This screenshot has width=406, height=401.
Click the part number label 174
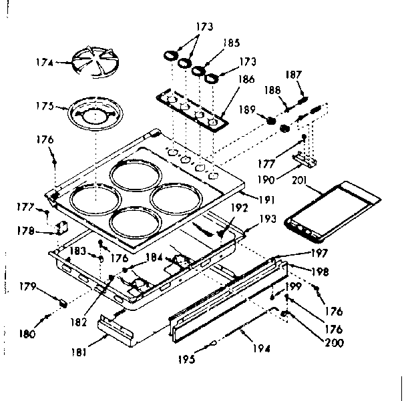tap(44, 64)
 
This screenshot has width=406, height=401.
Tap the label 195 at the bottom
tap(187, 359)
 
